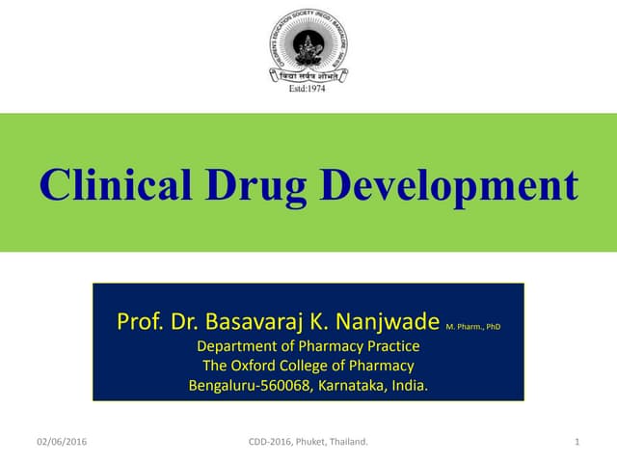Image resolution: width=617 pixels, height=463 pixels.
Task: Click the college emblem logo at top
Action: [x=308, y=48]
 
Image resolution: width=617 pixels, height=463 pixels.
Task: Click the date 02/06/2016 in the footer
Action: [x=62, y=442]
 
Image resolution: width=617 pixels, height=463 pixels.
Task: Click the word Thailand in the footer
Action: [x=350, y=442]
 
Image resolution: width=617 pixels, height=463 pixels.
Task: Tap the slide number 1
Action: [x=576, y=442]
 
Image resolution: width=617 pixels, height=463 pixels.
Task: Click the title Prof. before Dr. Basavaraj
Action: [x=136, y=321]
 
